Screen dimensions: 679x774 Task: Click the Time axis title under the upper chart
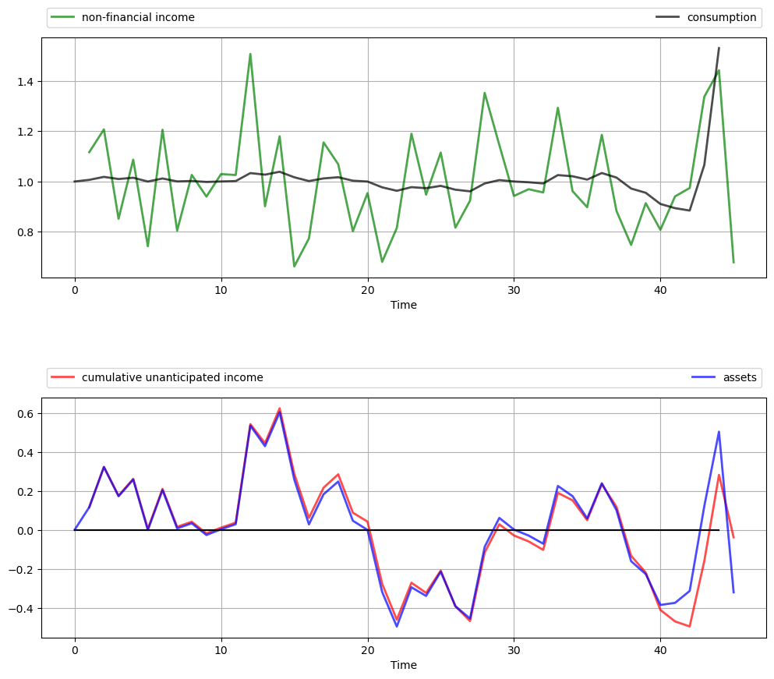click(x=404, y=305)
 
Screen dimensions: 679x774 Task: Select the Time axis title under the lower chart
click(x=404, y=665)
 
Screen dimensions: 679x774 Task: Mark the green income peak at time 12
click(x=250, y=54)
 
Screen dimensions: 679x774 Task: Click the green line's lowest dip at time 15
click(x=294, y=267)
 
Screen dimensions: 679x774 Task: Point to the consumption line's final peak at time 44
click(x=719, y=48)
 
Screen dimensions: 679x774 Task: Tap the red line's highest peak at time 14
click(x=280, y=408)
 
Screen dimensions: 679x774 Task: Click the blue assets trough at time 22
click(x=397, y=626)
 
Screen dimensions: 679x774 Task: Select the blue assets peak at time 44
click(x=719, y=431)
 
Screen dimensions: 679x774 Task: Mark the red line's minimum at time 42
click(x=690, y=626)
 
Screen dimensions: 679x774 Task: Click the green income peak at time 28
click(x=484, y=93)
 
